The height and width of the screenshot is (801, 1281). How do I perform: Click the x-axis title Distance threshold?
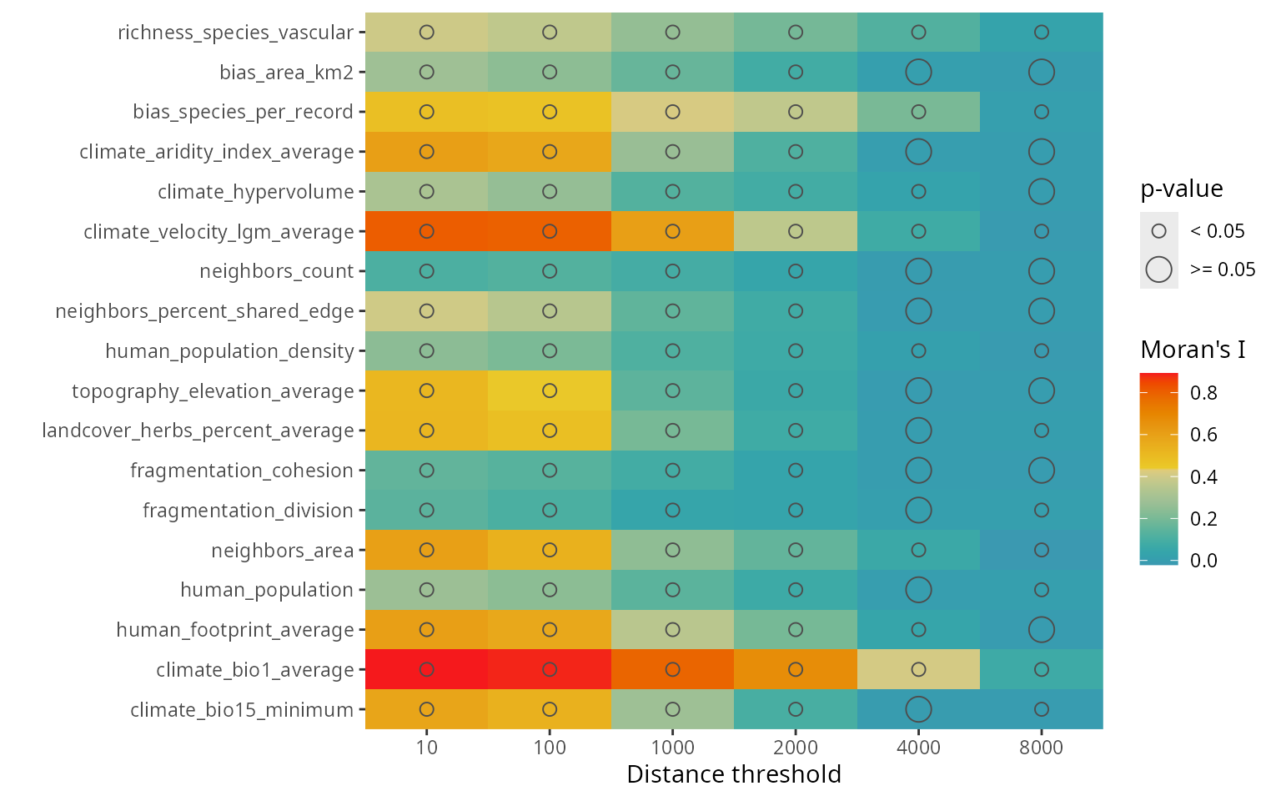734,774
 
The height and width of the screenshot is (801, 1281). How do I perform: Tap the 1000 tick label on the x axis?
672,748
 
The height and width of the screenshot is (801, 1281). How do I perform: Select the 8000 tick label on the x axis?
1041,748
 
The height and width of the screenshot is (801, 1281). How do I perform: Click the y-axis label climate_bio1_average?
255,670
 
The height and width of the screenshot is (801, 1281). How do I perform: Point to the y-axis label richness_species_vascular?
235,33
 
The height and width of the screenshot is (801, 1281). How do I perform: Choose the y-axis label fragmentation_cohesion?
242,471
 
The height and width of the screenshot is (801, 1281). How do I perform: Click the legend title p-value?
1182,189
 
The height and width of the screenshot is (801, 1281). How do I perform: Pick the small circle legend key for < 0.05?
1159,231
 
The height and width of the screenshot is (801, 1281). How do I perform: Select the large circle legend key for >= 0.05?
1159,270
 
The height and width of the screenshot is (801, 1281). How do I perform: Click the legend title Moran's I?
1193,350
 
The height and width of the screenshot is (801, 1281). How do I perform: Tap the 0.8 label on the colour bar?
1203,393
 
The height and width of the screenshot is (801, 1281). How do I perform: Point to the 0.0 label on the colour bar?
1203,561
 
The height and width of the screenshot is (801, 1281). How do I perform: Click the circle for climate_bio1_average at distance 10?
426,669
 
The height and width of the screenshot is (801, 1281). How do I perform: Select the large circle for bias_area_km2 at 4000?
918,72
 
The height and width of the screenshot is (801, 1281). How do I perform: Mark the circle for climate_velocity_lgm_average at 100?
550,231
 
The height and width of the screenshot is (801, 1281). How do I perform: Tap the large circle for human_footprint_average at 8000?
1041,629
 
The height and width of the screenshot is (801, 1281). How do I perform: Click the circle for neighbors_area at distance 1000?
672,550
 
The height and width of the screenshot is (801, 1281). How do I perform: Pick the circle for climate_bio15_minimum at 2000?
796,709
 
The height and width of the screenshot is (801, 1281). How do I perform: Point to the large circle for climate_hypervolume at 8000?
1041,191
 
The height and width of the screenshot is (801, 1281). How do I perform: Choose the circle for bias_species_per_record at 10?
426,112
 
